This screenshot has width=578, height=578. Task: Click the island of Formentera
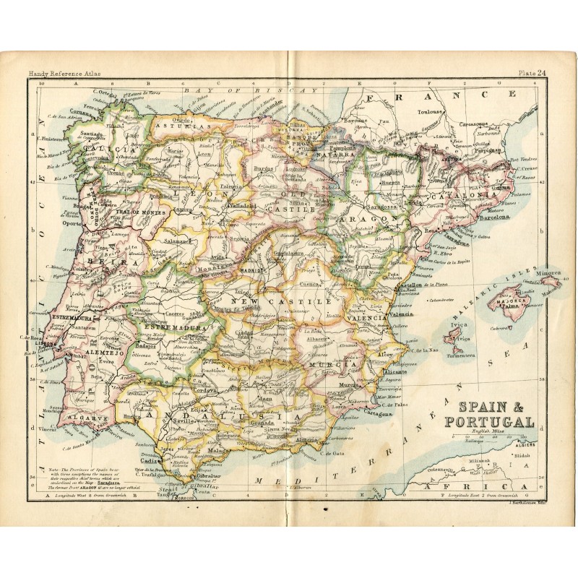[x=460, y=355]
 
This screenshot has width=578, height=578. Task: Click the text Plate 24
[x=530, y=72]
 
